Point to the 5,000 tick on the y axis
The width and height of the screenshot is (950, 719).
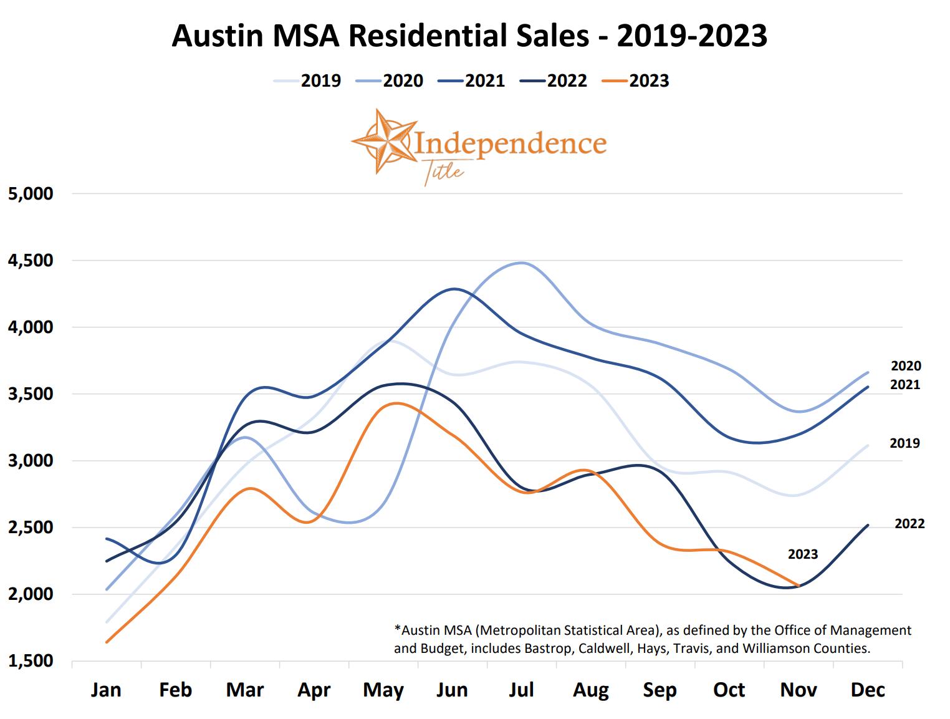pos(31,193)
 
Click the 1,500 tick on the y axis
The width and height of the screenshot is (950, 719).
pos(31,661)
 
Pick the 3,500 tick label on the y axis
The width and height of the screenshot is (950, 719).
pos(31,394)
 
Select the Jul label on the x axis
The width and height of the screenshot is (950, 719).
pos(521,690)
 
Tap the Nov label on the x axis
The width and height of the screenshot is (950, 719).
pos(799,690)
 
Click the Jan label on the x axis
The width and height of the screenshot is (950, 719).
pos(106,690)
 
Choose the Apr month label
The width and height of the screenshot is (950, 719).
pos(314,690)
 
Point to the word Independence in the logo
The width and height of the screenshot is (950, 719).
pos(510,143)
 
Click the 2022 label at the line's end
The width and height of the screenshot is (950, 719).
pos(909,524)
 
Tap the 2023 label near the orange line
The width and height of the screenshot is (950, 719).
pos(802,554)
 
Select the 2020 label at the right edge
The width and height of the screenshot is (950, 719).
pos(906,366)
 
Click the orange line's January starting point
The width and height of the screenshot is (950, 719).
pos(107,642)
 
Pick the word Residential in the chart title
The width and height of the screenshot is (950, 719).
pos(468,36)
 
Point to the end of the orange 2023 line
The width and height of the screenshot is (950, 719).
pos(799,586)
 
